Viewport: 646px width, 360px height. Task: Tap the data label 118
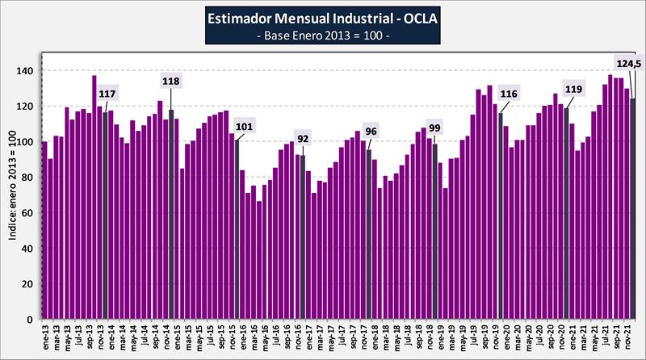(x=171, y=81)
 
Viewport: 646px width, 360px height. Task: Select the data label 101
(x=244, y=126)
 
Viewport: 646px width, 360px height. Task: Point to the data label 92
(x=304, y=138)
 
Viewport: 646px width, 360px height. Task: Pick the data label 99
(x=434, y=128)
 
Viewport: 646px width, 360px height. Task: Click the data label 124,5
(x=628, y=64)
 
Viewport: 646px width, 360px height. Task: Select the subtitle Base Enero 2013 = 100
(x=322, y=36)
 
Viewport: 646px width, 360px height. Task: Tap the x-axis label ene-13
(x=44, y=335)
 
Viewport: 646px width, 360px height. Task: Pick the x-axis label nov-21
(x=627, y=335)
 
